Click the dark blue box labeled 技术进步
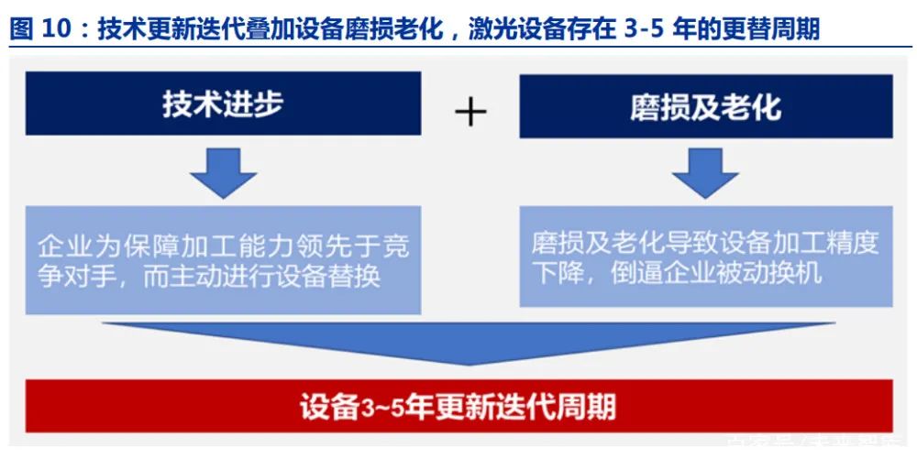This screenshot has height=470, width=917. (223, 104)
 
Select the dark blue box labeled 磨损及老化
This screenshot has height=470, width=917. (705, 106)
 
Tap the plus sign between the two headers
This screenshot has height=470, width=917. (470, 112)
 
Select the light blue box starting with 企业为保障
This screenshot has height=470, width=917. (223, 260)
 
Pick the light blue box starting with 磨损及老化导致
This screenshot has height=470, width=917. (705, 257)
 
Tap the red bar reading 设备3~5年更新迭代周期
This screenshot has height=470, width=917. (458, 406)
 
